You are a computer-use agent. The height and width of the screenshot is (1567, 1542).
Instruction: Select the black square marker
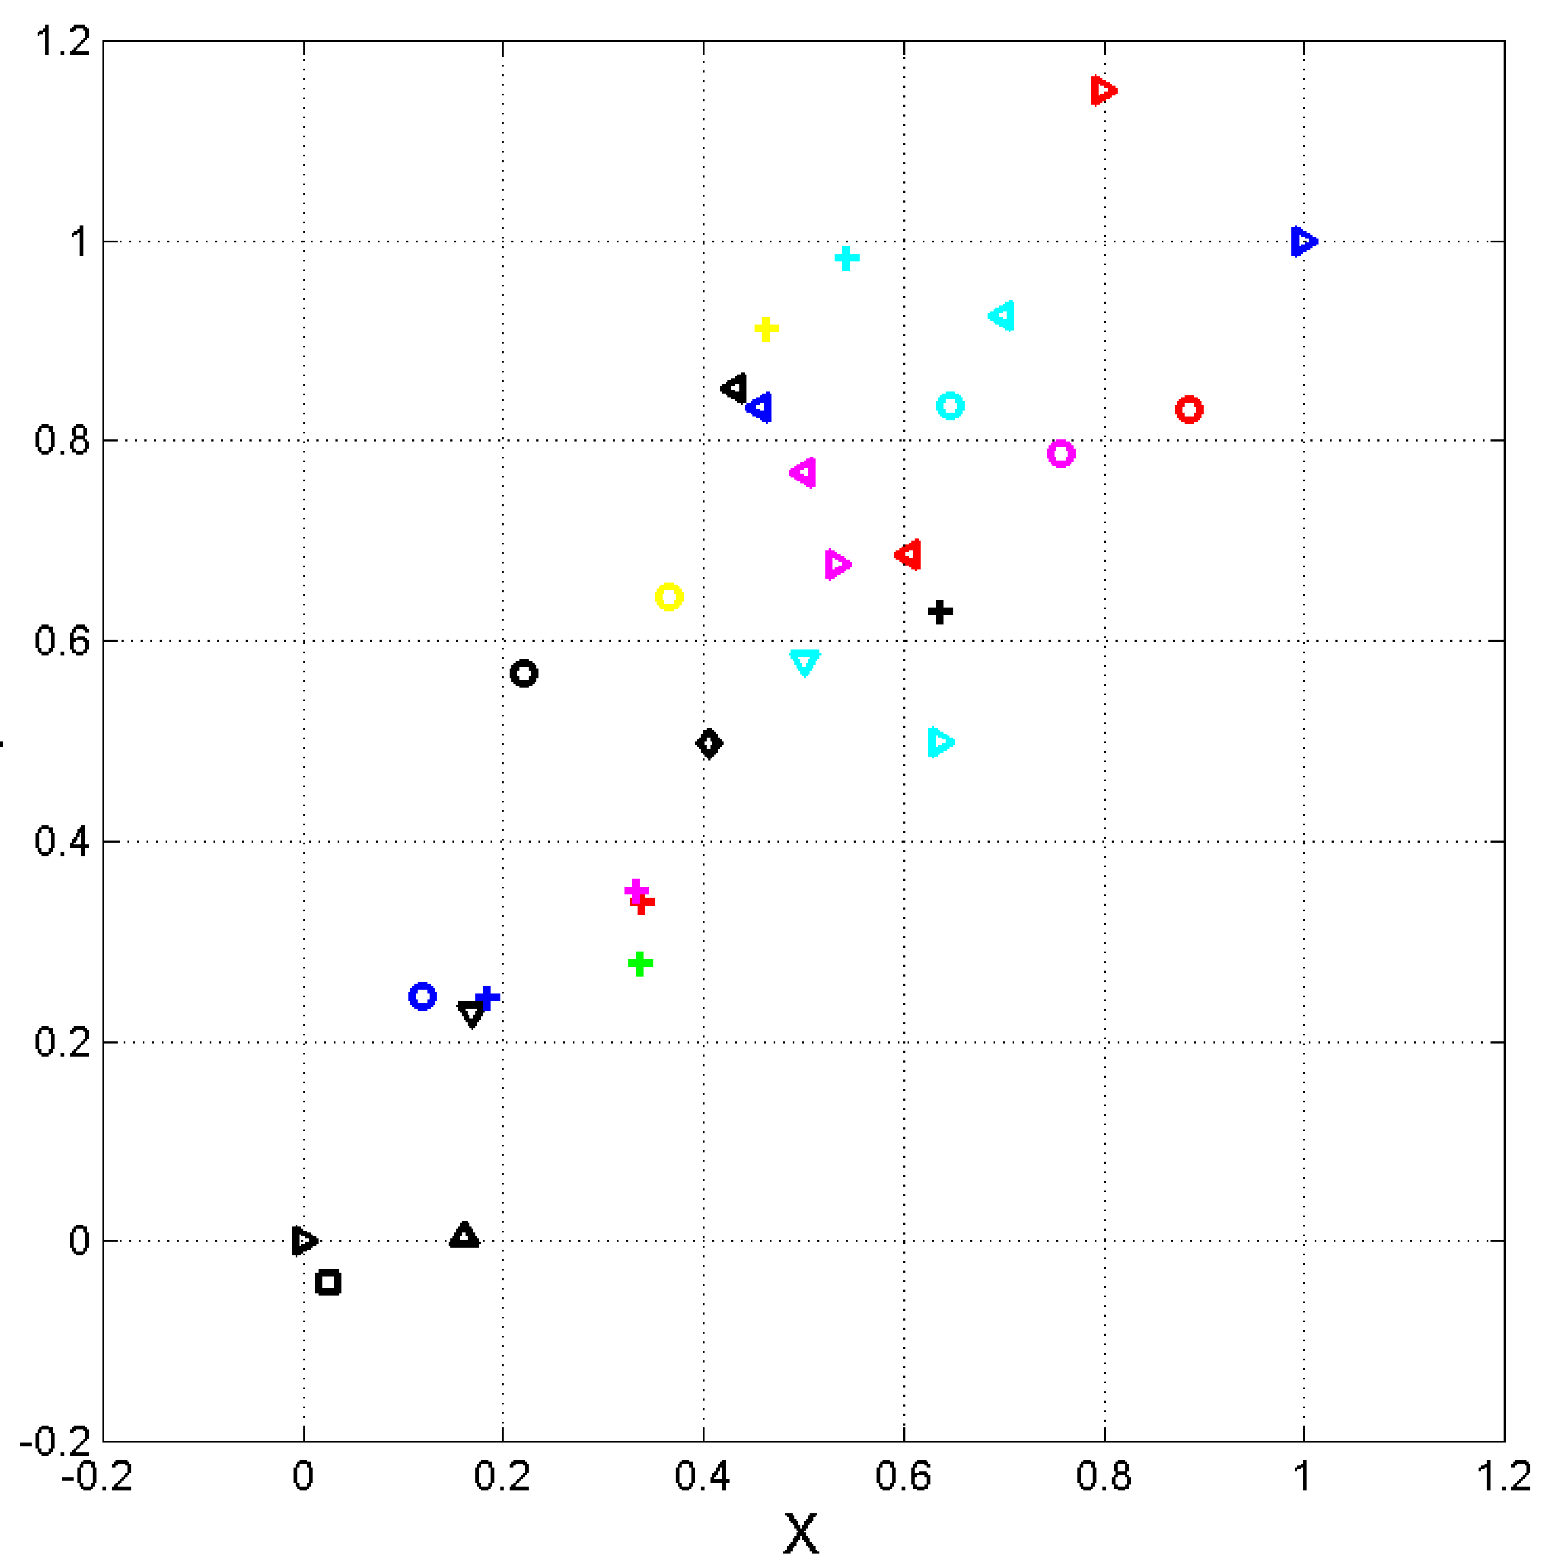[x=328, y=1282]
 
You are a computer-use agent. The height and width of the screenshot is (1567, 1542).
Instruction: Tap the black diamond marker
[x=708, y=743]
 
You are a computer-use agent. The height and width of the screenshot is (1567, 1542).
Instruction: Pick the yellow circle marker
[x=668, y=597]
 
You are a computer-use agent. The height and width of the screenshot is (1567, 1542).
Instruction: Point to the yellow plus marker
[x=766, y=329]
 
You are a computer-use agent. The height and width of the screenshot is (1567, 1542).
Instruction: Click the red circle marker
[x=1188, y=410]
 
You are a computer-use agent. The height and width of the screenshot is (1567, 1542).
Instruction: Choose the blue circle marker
[x=422, y=996]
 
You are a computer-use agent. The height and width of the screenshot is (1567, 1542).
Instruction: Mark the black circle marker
[x=524, y=673]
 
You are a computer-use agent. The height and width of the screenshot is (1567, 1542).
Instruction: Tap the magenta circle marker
[x=1060, y=454]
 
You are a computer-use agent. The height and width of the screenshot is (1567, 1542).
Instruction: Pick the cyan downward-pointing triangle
[x=804, y=661]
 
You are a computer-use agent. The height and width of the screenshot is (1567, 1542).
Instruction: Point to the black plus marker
[x=939, y=611]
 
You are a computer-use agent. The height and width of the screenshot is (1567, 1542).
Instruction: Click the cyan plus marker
[x=846, y=259]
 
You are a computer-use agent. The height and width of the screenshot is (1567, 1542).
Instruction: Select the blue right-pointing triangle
[x=1303, y=241]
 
